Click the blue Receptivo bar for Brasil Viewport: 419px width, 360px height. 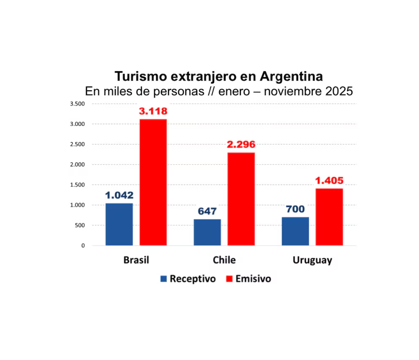point(119,224)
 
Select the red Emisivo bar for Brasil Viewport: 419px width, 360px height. point(153,182)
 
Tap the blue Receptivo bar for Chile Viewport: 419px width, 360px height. point(207,232)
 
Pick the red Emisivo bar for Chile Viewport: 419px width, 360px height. point(241,199)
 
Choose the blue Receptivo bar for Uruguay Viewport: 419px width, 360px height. point(295,231)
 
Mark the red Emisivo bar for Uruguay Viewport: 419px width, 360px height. point(329,217)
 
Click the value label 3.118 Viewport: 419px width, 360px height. point(153,112)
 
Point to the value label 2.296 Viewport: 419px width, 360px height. point(241,145)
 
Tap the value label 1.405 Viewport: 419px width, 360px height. point(329,181)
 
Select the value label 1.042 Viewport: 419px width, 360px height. point(119,195)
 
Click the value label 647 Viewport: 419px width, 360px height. point(207,211)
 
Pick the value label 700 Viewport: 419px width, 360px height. point(295,209)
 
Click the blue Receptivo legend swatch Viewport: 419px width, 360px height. point(163,279)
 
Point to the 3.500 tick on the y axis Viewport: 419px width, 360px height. point(77,104)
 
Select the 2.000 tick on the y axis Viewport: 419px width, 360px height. point(77,165)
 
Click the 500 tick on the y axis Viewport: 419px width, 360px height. point(80,225)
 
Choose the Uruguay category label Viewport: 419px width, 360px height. point(312,260)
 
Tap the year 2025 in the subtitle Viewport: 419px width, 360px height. point(339,91)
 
